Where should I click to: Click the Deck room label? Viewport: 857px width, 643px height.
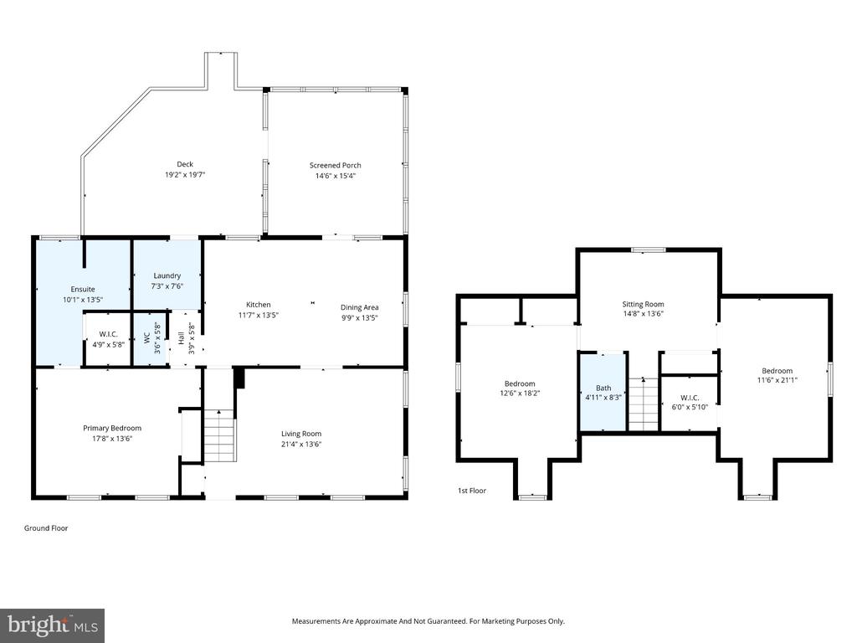pos(184,164)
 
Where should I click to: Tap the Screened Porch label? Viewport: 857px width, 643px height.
pos(335,165)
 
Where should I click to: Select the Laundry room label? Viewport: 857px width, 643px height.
pos(167,275)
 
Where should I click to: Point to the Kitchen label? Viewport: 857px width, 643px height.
pos(258,305)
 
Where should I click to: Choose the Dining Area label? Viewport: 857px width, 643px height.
pos(360,306)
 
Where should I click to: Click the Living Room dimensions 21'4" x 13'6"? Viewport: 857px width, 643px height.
pos(301,445)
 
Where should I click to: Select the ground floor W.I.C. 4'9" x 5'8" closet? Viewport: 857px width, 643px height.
pos(108,339)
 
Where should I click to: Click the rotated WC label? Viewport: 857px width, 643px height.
pos(146,339)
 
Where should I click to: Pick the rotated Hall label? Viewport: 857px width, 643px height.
pos(181,339)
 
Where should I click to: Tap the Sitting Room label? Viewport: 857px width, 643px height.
pos(643,305)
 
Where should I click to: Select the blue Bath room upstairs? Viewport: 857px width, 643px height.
pos(603,393)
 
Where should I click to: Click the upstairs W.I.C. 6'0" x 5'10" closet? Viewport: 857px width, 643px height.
pos(690,403)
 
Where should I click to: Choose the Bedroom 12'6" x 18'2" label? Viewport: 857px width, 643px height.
pos(519,383)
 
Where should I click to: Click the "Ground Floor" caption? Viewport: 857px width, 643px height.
pos(46,528)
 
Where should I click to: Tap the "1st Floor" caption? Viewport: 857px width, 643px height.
pos(471,491)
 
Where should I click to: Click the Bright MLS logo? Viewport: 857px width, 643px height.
pos(52,624)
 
